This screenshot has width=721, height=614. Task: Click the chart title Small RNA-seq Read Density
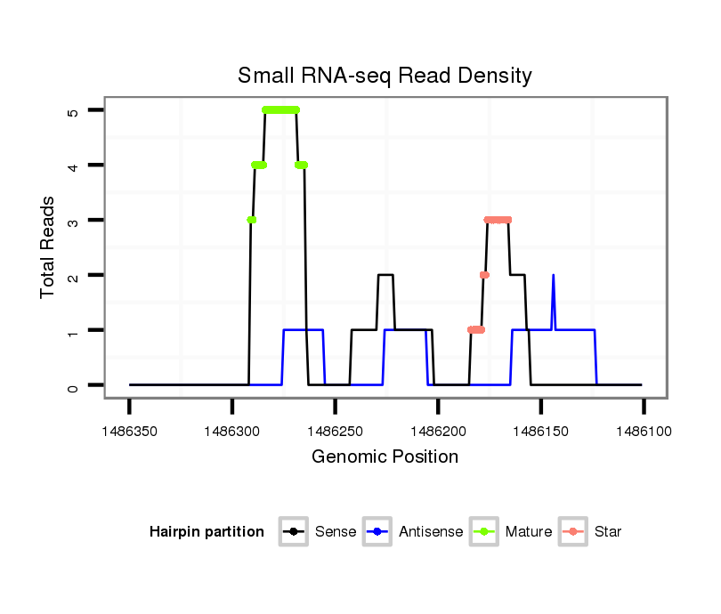pyautogui.click(x=385, y=76)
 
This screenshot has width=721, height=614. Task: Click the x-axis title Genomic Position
pyautogui.click(x=385, y=457)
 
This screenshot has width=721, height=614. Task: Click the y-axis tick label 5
pyautogui.click(x=72, y=110)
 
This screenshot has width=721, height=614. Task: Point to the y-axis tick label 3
pyautogui.click(x=72, y=221)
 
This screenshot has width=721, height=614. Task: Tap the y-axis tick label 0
pyautogui.click(x=72, y=386)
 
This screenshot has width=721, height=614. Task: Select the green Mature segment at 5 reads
pyautogui.click(x=281, y=109)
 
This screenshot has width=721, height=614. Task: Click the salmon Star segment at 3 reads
pyautogui.click(x=498, y=220)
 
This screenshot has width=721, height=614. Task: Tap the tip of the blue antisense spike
pyautogui.click(x=554, y=276)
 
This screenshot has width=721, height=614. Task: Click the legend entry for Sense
pyautogui.click(x=318, y=532)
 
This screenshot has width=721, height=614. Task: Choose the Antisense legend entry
pyautogui.click(x=413, y=532)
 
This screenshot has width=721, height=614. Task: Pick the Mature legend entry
pyautogui.click(x=511, y=532)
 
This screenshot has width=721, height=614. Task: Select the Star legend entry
pyautogui.click(x=590, y=532)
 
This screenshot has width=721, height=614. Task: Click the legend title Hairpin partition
pyautogui.click(x=207, y=532)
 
